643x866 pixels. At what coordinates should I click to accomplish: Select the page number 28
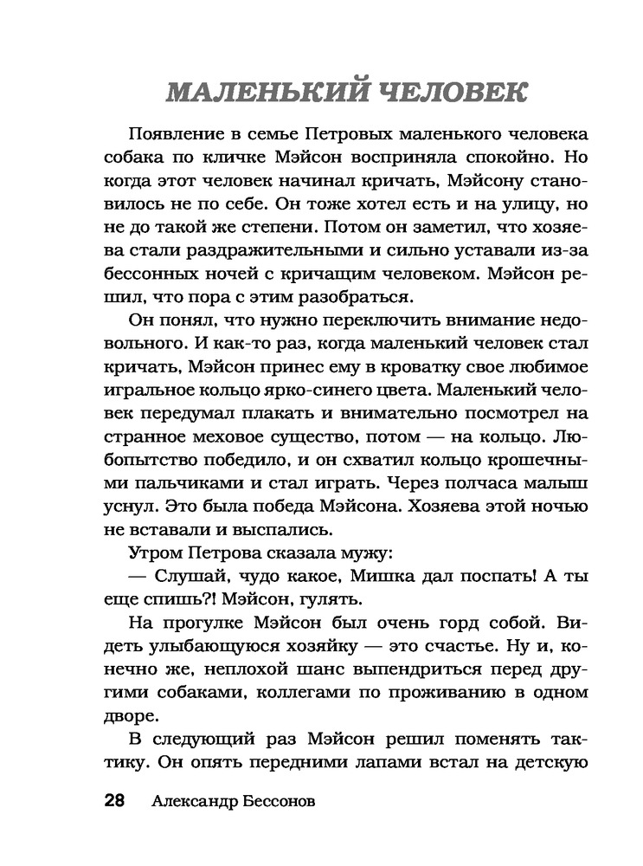(x=115, y=800)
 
